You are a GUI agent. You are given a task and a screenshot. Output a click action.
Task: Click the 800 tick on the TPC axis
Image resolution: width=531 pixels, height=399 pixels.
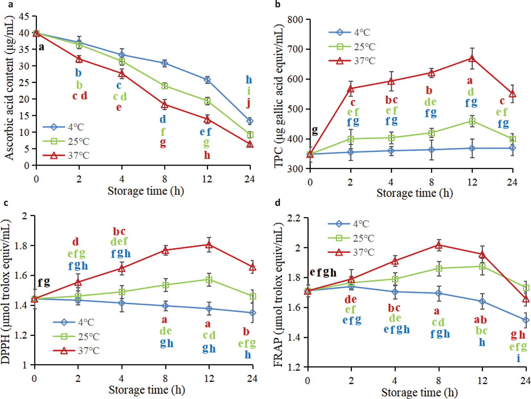pos(296,20)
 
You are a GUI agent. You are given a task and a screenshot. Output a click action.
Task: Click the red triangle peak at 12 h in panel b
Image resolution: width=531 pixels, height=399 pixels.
pos(472,58)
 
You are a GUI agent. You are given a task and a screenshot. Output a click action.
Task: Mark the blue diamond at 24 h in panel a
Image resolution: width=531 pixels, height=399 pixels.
pos(250,121)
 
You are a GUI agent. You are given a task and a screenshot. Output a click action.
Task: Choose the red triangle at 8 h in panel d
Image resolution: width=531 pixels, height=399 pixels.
pos(439,245)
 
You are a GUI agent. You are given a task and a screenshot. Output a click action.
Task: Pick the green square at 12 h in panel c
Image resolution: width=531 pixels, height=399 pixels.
pos(209,280)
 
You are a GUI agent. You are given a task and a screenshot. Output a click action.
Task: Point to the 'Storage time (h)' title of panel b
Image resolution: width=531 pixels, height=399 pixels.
pos(414,193)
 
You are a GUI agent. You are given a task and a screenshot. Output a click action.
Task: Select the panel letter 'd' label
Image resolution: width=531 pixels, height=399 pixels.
pos(278,203)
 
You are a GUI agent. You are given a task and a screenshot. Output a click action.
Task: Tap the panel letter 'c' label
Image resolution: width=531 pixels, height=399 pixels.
pos(6,203)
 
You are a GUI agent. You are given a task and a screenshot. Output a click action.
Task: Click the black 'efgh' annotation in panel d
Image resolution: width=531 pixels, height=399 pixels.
pos(323,273)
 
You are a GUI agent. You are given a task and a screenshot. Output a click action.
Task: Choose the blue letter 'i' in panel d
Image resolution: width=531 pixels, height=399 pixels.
pos(518,358)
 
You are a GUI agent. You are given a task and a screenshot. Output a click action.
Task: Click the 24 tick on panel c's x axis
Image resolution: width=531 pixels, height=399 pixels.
pos(252,379)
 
